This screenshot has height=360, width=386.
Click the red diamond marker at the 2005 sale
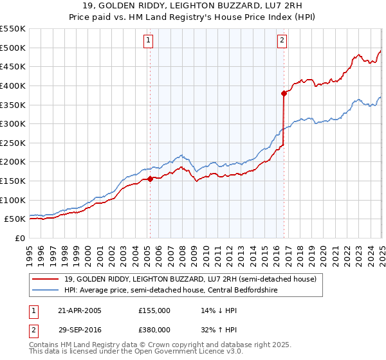pos(150,179)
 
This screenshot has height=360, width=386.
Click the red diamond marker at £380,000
pos(284,93)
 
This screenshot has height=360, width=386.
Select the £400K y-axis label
pos(13,85)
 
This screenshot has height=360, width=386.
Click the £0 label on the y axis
pos(20,238)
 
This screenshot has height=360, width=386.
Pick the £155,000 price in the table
pos(155,310)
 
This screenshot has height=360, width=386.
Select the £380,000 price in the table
pos(155,329)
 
